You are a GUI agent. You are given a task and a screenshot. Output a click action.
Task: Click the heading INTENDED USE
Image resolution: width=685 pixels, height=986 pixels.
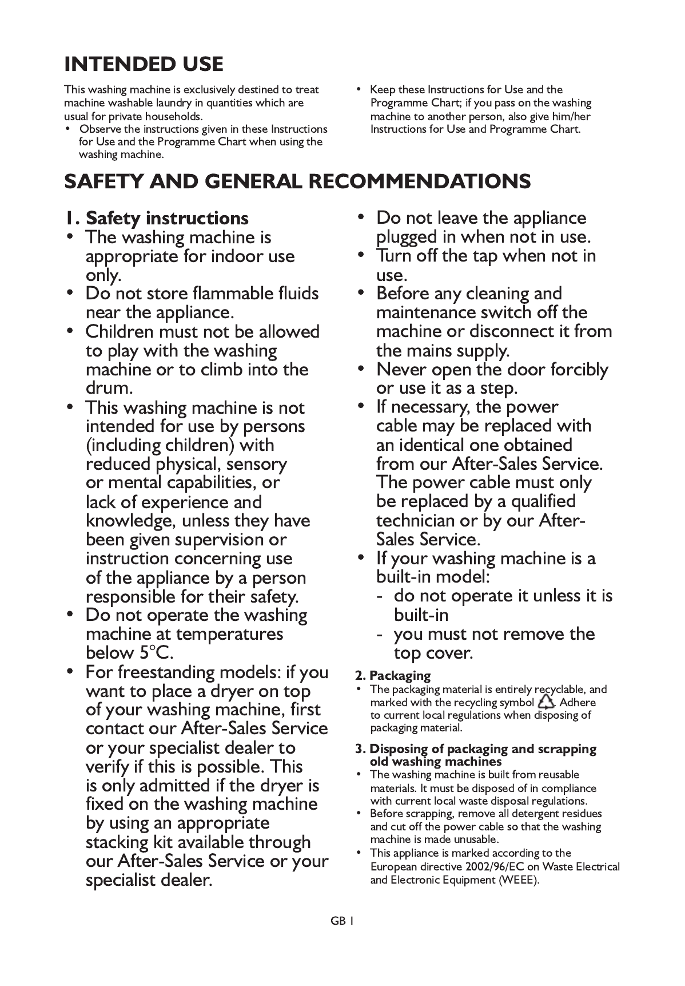coord(144,64)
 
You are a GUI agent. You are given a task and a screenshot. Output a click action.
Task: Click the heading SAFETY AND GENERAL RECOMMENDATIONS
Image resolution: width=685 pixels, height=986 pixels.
coord(297,181)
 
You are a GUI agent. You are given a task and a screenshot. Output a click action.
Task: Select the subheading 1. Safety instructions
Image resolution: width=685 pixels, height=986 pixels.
coord(156,218)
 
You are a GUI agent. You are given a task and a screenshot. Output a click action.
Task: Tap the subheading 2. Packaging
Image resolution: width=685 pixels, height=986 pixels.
coord(393,675)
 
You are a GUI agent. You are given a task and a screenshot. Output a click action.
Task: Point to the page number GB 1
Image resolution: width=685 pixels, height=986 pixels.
coord(342,921)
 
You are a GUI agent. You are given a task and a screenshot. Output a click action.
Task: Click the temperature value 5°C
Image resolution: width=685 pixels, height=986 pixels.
coord(154,653)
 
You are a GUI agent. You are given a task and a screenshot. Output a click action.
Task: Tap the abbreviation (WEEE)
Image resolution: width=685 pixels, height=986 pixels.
coord(519,880)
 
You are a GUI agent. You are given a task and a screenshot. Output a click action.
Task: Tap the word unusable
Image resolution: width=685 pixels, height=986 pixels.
coord(476,840)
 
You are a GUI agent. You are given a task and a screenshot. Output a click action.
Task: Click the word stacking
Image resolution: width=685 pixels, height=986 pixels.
coord(117,842)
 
